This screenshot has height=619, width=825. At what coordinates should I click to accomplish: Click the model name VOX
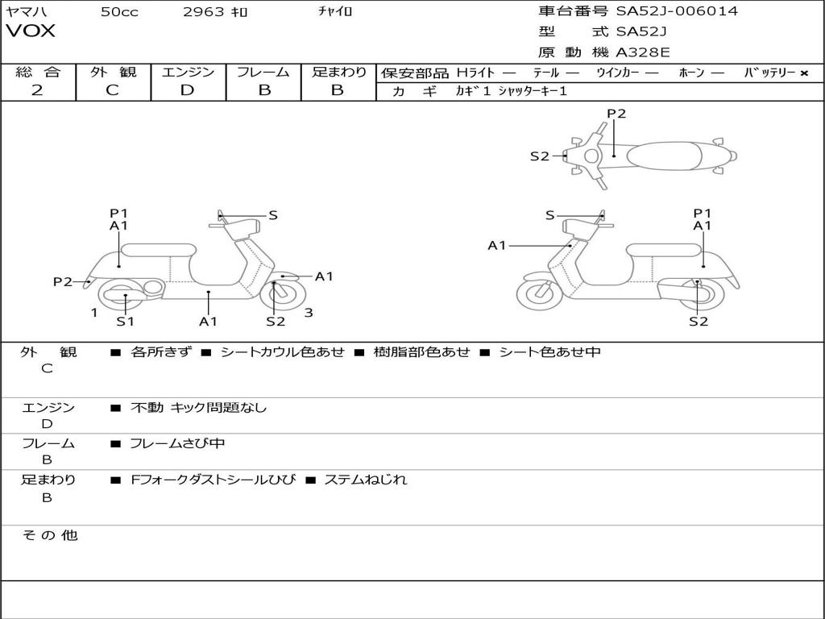pyautogui.click(x=31, y=31)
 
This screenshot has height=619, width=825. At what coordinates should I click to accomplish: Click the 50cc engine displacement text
pyautogui.click(x=119, y=12)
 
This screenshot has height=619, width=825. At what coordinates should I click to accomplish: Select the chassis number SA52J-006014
pyautogui.click(x=677, y=11)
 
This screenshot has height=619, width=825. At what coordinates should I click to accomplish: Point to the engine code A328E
pyautogui.click(x=643, y=53)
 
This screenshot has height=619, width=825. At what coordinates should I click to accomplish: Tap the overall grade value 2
pyautogui.click(x=37, y=90)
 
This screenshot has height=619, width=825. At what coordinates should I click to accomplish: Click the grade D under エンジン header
pyautogui.click(x=187, y=90)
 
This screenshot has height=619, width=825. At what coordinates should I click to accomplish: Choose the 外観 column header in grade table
pyautogui.click(x=113, y=72)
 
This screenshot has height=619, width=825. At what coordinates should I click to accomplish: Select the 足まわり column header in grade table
pyautogui.click(x=338, y=72)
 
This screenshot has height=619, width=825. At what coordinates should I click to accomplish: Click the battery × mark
pyautogui.click(x=804, y=73)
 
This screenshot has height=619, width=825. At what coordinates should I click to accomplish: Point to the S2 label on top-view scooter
pyautogui.click(x=539, y=156)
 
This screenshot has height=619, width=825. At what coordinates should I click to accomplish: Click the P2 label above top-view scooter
pyautogui.click(x=616, y=114)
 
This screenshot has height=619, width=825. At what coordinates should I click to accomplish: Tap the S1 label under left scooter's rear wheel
pyautogui.click(x=125, y=322)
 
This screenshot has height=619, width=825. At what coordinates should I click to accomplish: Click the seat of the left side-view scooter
pyautogui.click(x=157, y=250)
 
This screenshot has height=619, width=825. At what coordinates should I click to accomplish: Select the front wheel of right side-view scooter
pyautogui.click(x=539, y=296)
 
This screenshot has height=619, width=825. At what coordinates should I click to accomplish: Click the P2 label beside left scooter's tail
pyautogui.click(x=63, y=281)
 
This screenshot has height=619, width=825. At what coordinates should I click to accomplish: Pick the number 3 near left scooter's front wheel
pyautogui.click(x=309, y=313)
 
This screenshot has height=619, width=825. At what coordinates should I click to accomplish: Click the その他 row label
pyautogui.click(x=49, y=535)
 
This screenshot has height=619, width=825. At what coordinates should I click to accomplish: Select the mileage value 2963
pyautogui.click(x=205, y=12)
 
